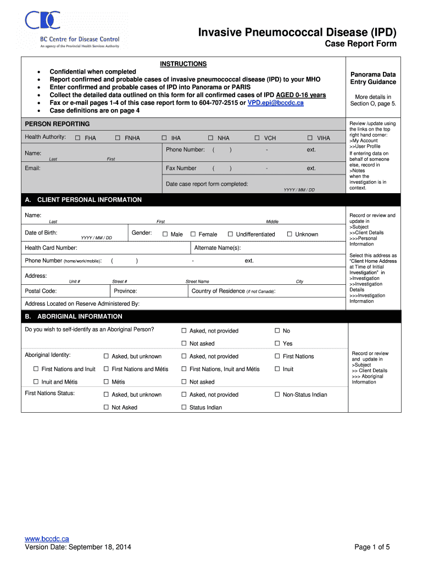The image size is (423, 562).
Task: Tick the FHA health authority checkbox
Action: click(x=77, y=138)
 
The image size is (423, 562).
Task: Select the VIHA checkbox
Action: click(x=310, y=138)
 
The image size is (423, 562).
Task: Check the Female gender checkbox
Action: click(x=193, y=234)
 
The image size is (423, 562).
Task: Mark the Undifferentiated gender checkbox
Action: click(x=231, y=234)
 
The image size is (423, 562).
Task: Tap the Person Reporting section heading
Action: click(x=57, y=124)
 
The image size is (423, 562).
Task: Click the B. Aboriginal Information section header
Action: click(x=74, y=317)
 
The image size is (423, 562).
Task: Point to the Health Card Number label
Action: click(x=51, y=248)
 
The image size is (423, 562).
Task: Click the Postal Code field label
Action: click(x=41, y=291)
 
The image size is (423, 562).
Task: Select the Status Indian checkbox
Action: click(x=184, y=408)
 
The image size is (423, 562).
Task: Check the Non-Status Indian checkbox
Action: click(x=277, y=395)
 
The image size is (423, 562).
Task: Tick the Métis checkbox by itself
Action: click(x=107, y=382)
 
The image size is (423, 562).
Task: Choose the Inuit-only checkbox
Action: click(x=277, y=369)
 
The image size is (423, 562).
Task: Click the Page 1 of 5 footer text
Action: click(x=372, y=547)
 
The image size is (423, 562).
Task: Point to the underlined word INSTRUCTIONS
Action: click(x=183, y=64)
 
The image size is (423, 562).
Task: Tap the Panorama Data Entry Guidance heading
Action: click(x=373, y=78)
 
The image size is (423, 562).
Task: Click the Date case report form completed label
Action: click(x=207, y=184)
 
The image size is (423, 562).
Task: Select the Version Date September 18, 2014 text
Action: click(x=78, y=547)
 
